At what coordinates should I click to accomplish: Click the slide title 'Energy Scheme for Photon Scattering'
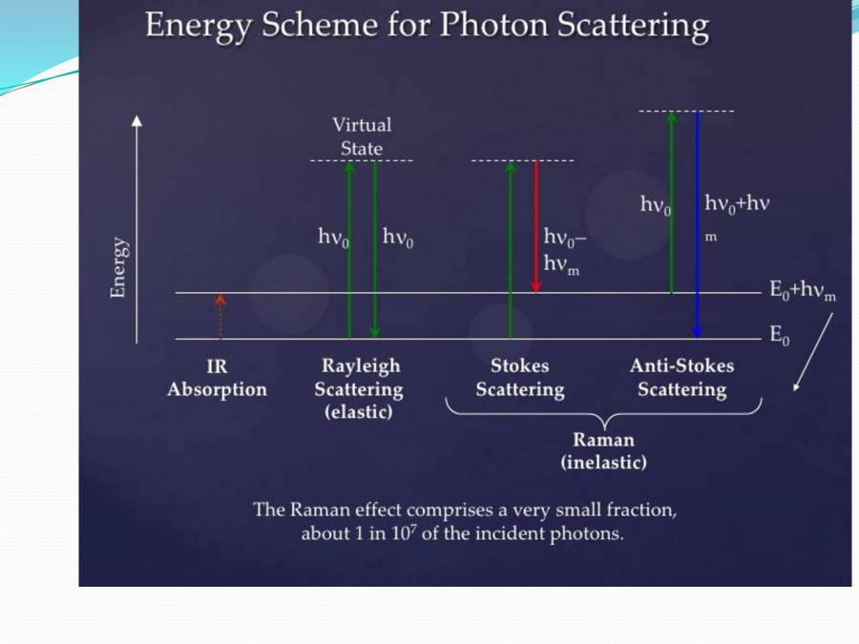[x=427, y=27]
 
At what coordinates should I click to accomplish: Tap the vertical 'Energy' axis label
[x=119, y=267]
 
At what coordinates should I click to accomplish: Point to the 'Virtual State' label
[x=362, y=136]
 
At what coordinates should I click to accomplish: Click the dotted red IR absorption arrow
[x=220, y=317]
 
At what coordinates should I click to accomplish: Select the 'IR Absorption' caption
[x=217, y=378]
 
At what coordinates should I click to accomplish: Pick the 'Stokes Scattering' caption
[x=520, y=378]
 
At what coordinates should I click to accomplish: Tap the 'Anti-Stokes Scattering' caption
[x=681, y=378]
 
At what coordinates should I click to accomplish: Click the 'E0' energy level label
[x=780, y=336]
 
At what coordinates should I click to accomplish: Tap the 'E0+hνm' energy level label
[x=803, y=292]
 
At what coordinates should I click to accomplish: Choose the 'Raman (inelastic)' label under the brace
[x=603, y=451]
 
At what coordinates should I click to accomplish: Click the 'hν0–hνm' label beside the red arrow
[x=564, y=252]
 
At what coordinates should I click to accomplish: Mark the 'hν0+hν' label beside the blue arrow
[x=736, y=203]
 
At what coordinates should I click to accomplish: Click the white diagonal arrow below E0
[x=812, y=352]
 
